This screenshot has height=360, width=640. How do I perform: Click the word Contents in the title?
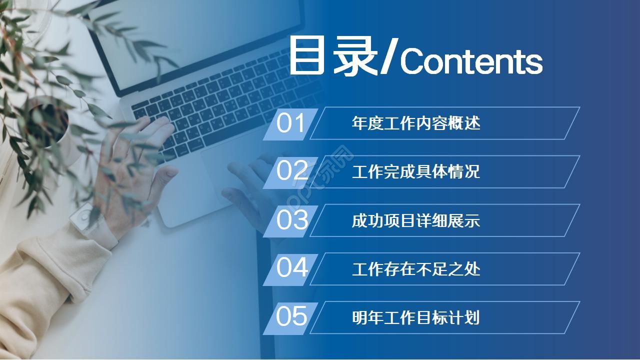471,62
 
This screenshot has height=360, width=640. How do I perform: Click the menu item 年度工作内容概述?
416,123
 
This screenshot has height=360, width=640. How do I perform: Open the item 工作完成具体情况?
416,171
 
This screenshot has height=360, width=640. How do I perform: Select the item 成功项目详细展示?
416,220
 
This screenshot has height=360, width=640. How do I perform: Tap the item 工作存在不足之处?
416,269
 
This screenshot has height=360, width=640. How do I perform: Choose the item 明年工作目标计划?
416,317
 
